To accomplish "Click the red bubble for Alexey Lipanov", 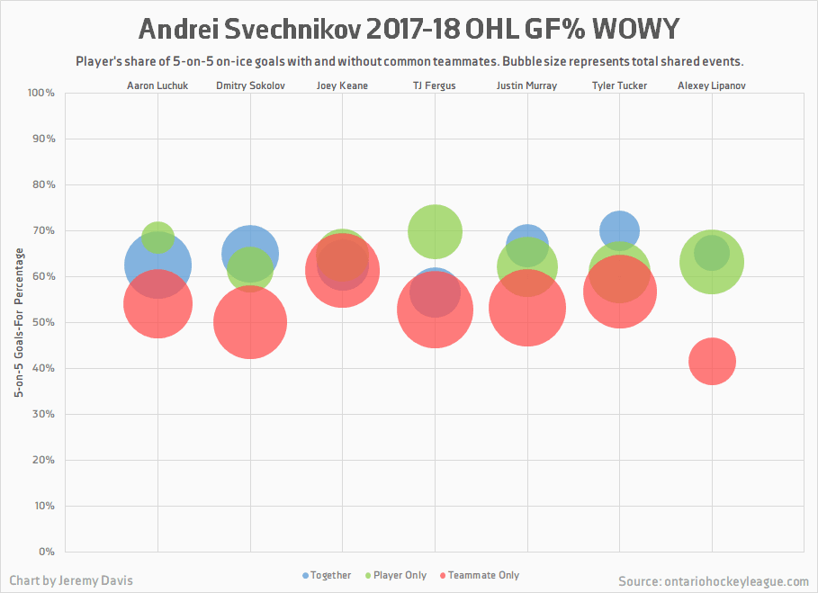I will click(x=712, y=362).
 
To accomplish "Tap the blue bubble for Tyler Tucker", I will click(x=619, y=230).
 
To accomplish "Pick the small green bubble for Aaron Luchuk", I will click(x=157, y=238).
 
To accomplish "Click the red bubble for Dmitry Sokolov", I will click(x=250, y=322).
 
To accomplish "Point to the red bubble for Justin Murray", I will click(x=527, y=308).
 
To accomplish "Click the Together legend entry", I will click(x=328, y=575).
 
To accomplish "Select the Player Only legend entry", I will click(x=395, y=575).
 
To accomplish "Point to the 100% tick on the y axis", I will click(x=42, y=94).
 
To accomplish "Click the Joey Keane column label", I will click(x=342, y=86).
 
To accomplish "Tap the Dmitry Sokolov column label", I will click(x=250, y=86).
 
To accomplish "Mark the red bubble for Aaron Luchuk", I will click(x=157, y=304).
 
